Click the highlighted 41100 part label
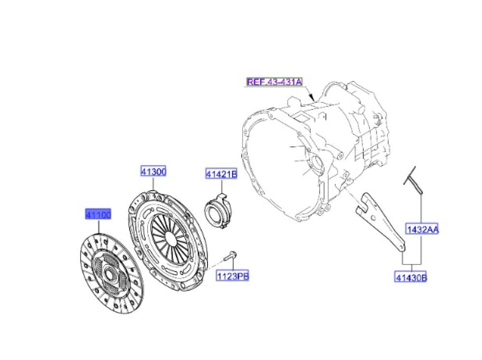pyautogui.click(x=98, y=214)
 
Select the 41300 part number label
pyautogui.click(x=153, y=171)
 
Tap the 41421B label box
pyautogui.click(x=221, y=174)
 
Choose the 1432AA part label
pyautogui.click(x=422, y=230)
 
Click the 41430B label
pyautogui.click(x=412, y=277)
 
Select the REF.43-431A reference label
pyautogui.click(x=275, y=82)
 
